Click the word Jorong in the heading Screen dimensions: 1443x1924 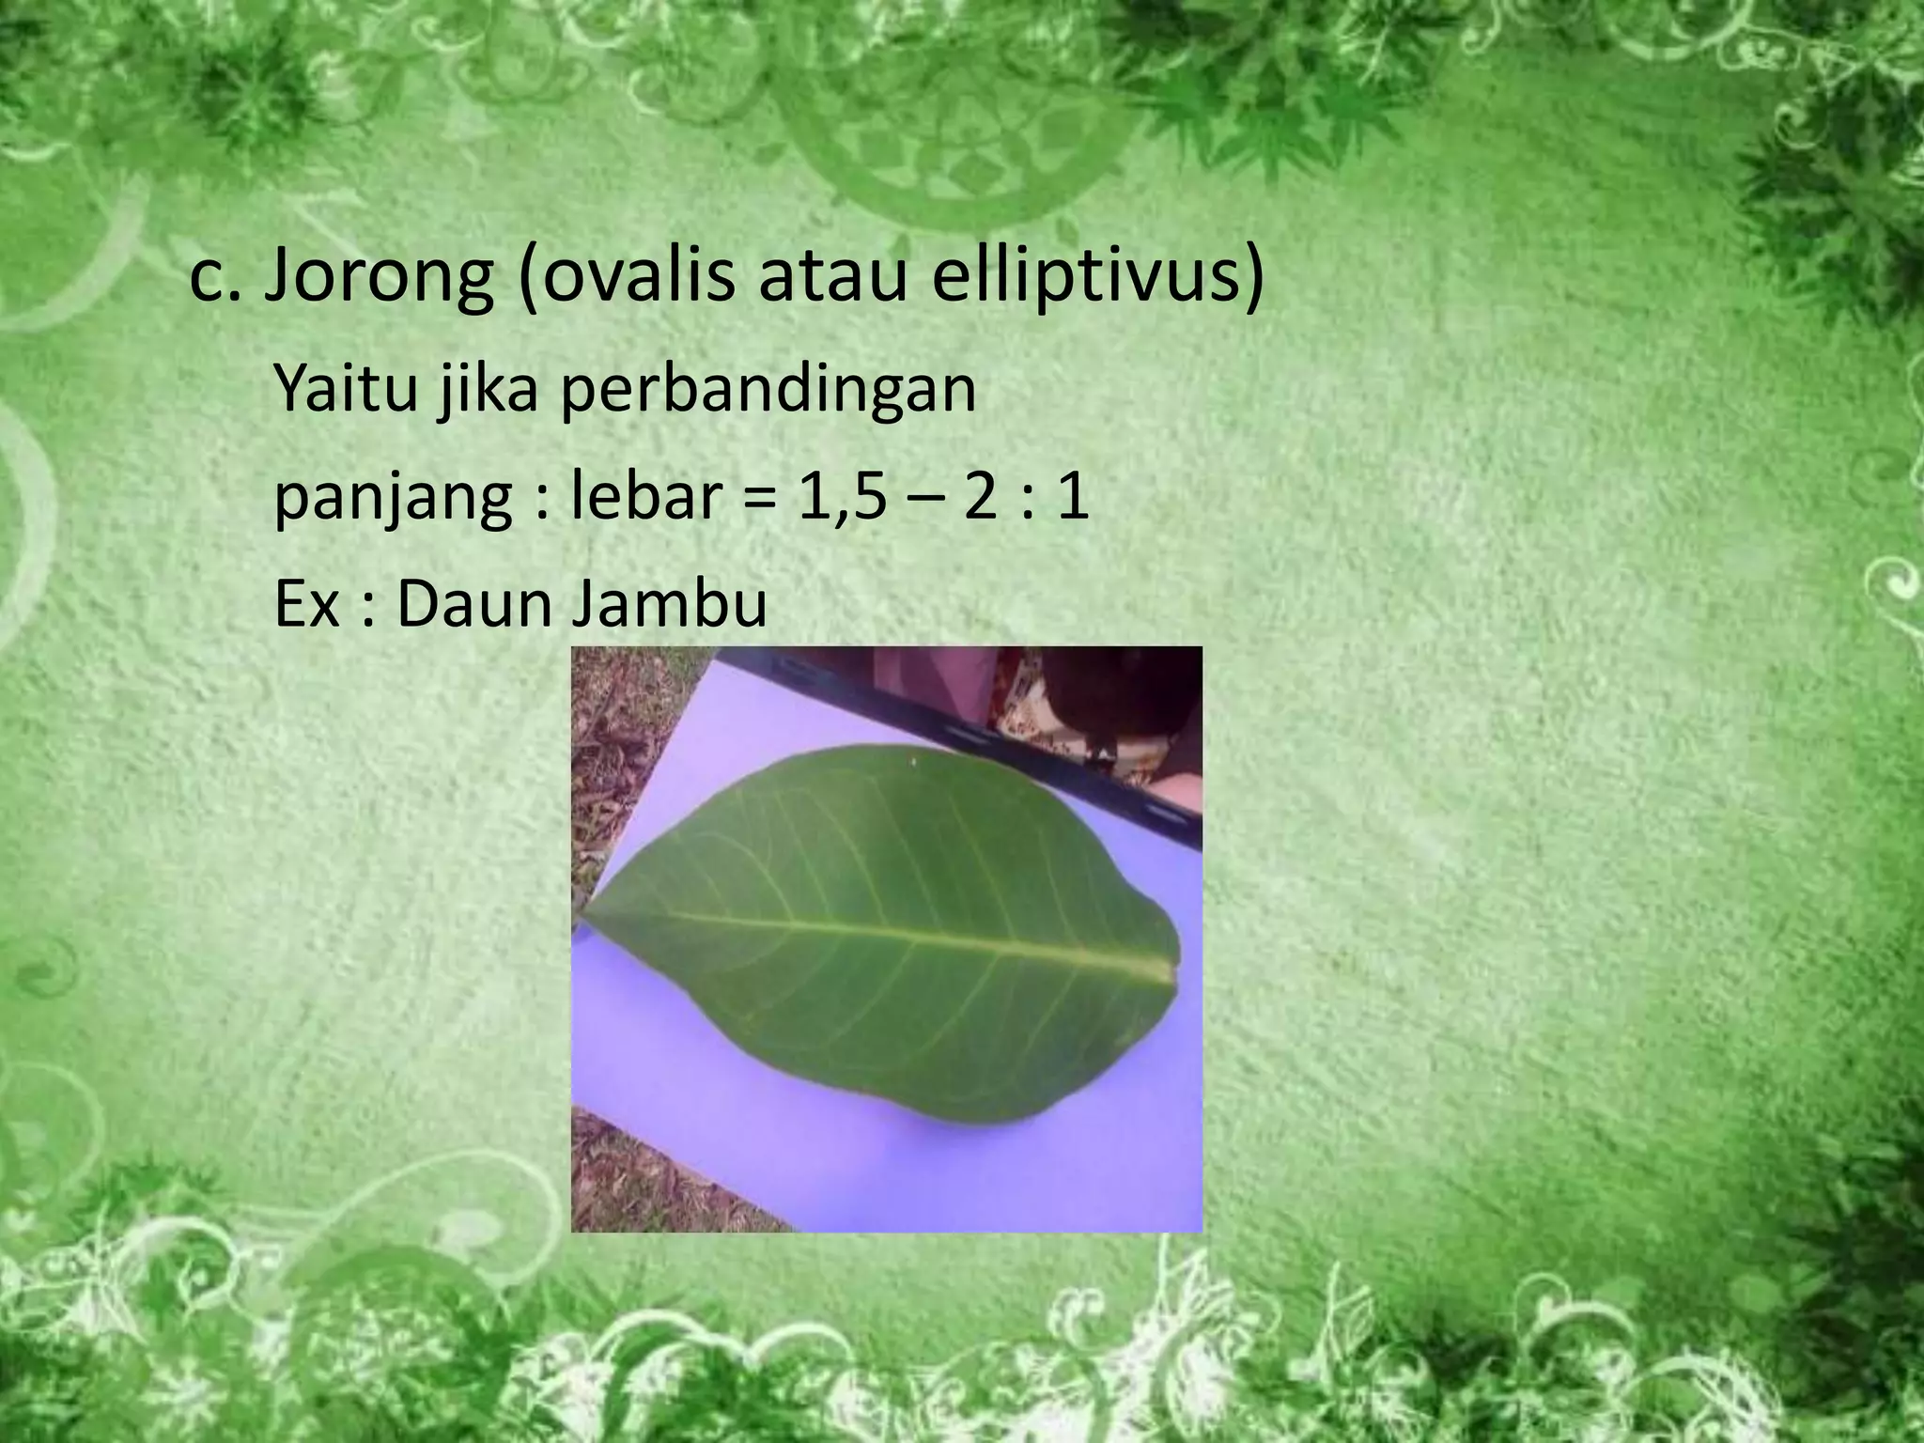[x=378, y=279]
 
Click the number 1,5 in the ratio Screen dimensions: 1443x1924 [x=842, y=498]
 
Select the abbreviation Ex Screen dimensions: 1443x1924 [x=305, y=604]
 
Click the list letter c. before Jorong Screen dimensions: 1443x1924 [x=215, y=279]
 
